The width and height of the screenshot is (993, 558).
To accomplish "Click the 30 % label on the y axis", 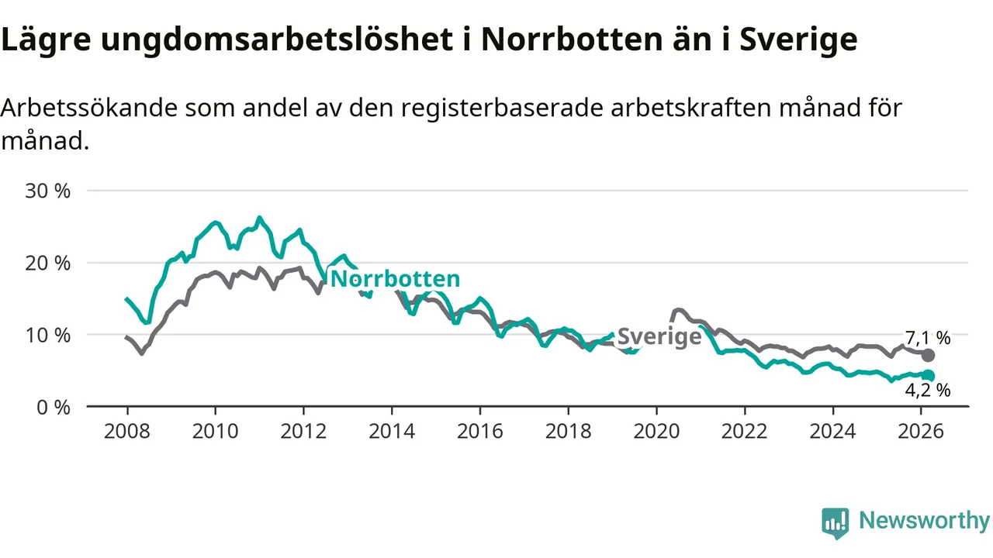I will click(48, 191).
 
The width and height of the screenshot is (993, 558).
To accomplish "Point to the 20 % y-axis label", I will click(48, 263).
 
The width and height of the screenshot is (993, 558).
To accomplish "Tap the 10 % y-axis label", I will click(48, 335).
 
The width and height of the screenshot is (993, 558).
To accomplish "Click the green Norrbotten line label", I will click(395, 279).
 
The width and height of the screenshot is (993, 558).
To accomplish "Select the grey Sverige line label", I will click(659, 337).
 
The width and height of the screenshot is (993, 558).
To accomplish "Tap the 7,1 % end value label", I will click(928, 338).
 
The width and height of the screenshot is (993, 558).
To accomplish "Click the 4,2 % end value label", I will click(928, 391).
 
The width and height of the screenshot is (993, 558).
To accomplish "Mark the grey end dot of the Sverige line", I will click(928, 355).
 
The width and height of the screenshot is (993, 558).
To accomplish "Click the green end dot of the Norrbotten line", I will click(928, 376).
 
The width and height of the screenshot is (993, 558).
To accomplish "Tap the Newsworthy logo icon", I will click(836, 523).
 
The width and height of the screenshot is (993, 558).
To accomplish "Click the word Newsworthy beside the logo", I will click(924, 521).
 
